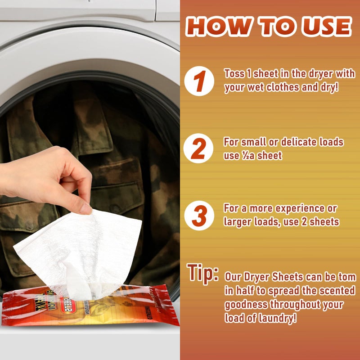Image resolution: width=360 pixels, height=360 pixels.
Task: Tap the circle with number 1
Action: tap(198, 81)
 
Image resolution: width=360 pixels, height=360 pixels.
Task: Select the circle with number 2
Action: tap(198, 149)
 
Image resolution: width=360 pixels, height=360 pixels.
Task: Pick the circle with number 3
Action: tap(198, 216)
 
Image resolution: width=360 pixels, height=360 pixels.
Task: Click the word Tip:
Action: tap(202, 273)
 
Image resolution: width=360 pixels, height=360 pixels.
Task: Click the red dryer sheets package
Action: tap(90, 306)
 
